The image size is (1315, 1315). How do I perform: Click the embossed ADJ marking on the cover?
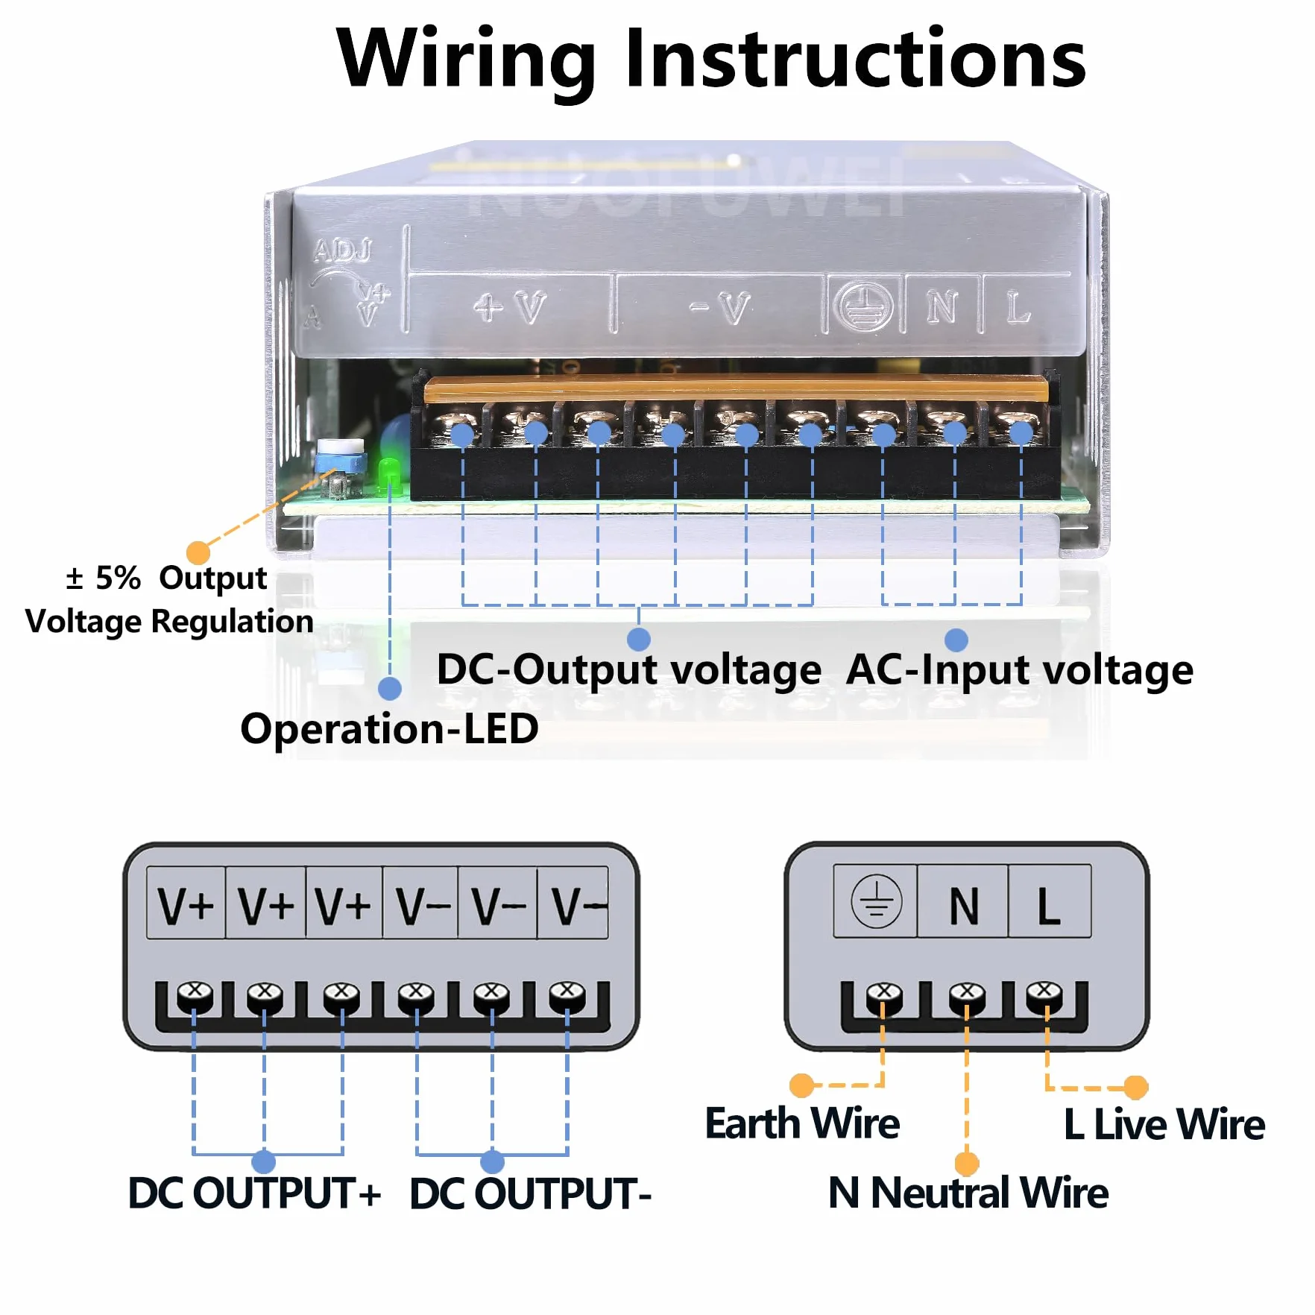click(342, 250)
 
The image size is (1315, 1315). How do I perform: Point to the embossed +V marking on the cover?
click(510, 307)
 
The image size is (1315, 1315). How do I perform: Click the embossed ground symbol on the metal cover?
click(863, 306)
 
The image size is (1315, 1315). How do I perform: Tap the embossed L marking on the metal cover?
click(1018, 307)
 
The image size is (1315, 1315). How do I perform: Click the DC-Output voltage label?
click(628, 669)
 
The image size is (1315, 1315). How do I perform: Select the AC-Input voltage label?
click(1020, 669)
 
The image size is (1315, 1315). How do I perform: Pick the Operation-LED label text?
click(389, 728)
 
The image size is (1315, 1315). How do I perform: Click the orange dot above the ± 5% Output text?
click(198, 552)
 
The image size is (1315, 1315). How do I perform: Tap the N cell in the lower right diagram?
click(963, 901)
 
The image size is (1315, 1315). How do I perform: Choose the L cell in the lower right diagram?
click(1050, 901)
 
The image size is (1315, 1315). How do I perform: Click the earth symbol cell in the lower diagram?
click(876, 901)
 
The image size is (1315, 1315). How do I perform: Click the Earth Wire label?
click(802, 1123)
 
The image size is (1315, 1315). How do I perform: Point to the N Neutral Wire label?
click(968, 1192)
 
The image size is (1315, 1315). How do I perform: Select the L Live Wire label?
click(1164, 1124)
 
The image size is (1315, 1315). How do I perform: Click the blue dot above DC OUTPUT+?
click(264, 1161)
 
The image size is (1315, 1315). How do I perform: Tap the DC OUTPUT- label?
click(531, 1193)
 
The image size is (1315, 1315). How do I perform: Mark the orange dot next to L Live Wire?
click(1135, 1088)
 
